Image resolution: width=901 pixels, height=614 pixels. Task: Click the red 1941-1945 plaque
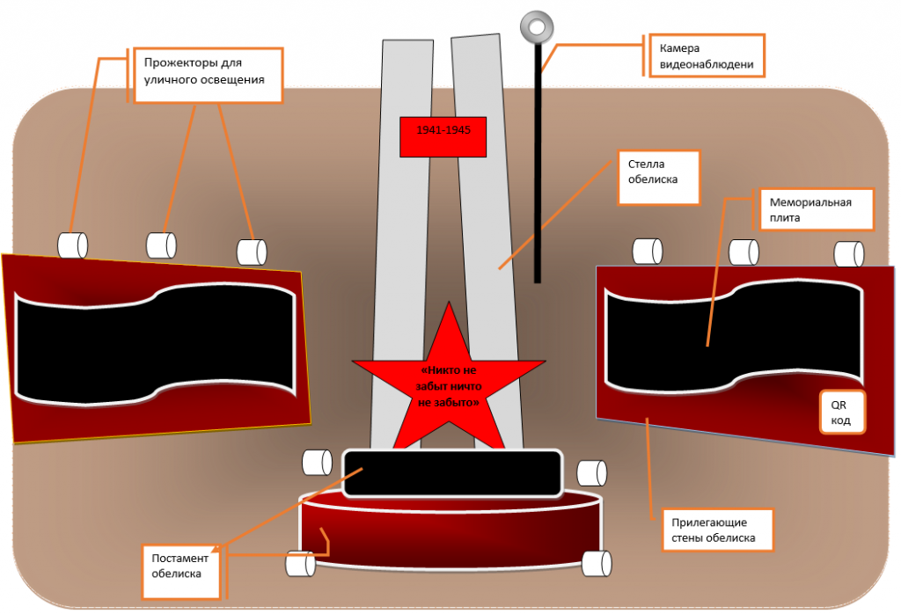[443, 136]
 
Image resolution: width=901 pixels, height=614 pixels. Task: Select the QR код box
[842, 413]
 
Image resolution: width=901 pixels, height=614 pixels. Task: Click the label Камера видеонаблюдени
[707, 56]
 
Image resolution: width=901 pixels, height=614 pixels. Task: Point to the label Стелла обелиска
[658, 178]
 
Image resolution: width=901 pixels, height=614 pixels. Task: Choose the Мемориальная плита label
[817, 209]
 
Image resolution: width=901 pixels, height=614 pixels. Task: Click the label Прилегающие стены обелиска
[718, 530]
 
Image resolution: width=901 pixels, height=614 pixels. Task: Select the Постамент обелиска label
[181, 572]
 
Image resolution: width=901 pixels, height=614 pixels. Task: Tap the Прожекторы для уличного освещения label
[208, 76]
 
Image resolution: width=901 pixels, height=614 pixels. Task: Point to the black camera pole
[538, 164]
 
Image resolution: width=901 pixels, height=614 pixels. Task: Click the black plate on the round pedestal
[452, 473]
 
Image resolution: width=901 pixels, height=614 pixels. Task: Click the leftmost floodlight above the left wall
[72, 245]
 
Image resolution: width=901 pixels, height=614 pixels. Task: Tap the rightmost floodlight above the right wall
[849, 254]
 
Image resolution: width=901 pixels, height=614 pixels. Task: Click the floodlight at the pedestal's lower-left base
[301, 564]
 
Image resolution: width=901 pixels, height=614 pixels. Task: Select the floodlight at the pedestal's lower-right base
[597, 564]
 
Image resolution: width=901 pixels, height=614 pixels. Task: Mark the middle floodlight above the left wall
[162, 245]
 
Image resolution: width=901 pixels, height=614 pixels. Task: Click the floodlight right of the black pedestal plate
[592, 473]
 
